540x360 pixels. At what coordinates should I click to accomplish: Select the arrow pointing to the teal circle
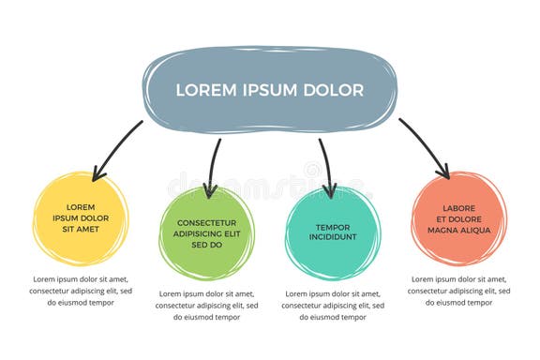pos(324,167)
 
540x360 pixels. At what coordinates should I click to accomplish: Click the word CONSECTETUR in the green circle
pos(206,223)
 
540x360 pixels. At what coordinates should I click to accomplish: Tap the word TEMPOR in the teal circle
pos(333,227)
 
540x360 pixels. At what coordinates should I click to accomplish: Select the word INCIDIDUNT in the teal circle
pos(333,238)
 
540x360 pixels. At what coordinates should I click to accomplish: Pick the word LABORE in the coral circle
pos(459,207)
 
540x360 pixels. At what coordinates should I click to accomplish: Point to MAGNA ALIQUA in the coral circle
pos(459,230)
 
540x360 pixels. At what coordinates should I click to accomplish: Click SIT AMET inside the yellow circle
pos(81,229)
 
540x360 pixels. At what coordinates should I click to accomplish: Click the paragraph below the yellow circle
pos(81,291)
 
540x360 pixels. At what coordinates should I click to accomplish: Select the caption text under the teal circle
pos(333,305)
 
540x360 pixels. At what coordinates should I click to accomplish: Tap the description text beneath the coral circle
pos(459,291)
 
